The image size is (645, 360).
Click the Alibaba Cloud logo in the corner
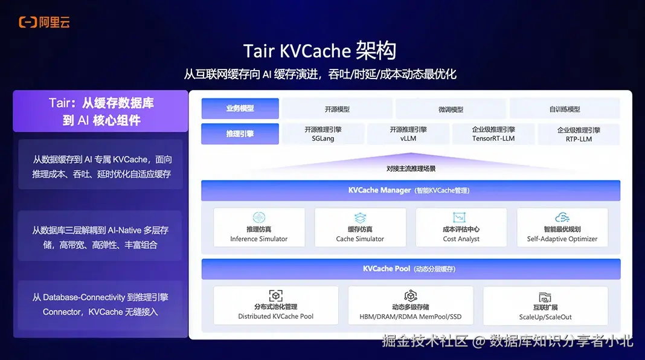(44, 22)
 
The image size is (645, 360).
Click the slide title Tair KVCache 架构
(319, 51)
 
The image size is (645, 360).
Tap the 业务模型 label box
(240, 109)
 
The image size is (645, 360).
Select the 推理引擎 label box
(240, 134)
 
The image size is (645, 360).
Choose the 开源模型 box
(337, 109)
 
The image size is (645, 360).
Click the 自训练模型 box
(565, 109)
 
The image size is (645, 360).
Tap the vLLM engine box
(408, 134)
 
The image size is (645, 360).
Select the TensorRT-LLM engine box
(493, 134)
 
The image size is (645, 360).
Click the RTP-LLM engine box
(579, 134)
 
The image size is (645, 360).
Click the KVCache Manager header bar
(411, 190)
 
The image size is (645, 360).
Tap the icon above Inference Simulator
(259, 217)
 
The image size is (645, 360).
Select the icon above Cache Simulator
(360, 217)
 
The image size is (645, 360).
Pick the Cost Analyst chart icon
(461, 217)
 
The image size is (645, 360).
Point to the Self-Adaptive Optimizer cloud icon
(562, 217)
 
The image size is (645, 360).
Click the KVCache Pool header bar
(411, 269)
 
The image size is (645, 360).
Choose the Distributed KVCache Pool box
(276, 306)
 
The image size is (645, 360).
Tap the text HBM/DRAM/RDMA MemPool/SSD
(411, 317)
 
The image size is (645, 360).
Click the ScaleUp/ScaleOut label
(545, 317)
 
